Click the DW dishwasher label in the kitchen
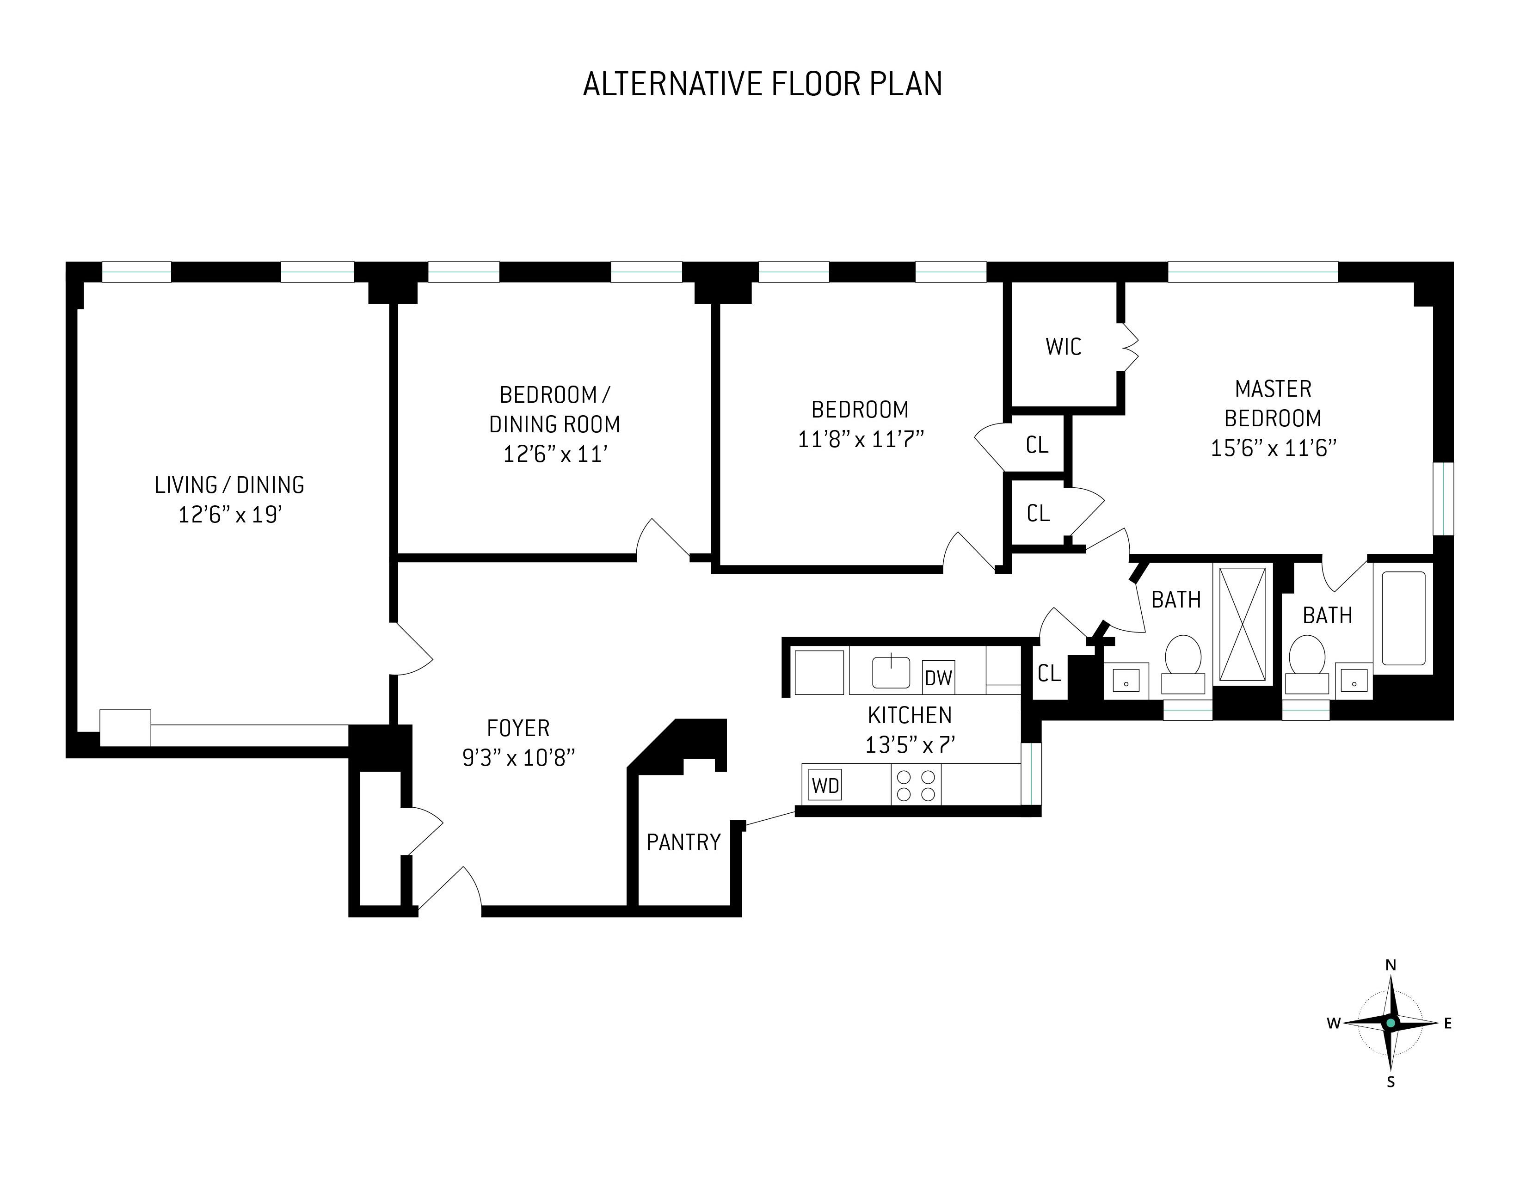(938, 677)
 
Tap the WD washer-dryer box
(825, 785)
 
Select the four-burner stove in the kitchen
(916, 784)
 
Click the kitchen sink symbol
(891, 672)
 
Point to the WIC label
(1064, 346)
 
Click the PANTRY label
(683, 842)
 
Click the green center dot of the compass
(1391, 1023)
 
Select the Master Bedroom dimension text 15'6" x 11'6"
(1273, 448)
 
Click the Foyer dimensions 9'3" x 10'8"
(518, 758)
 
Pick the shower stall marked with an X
(1243, 624)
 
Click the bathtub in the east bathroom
(1403, 618)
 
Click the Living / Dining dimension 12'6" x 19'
(230, 515)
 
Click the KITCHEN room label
(910, 715)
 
